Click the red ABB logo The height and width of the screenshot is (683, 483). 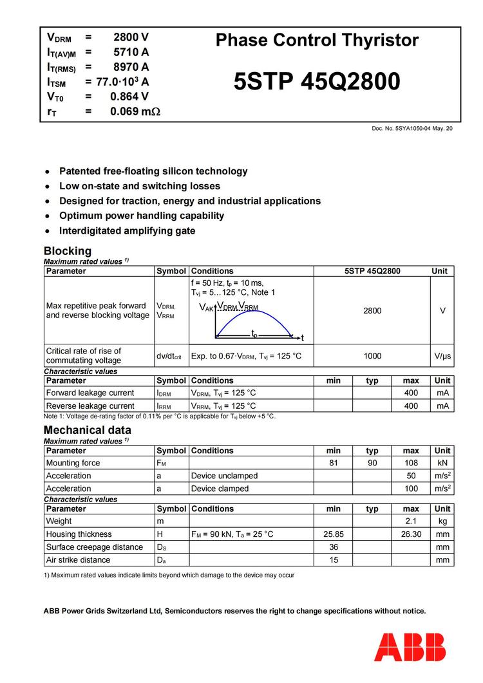click(410, 646)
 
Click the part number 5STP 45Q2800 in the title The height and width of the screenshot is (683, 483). click(317, 82)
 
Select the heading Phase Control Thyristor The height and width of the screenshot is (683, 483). click(317, 41)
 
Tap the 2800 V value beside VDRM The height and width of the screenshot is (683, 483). click(131, 37)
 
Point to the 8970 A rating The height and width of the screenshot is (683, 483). click(131, 67)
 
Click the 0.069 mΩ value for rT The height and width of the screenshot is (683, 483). click(135, 111)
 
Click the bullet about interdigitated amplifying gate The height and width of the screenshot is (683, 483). click(127, 230)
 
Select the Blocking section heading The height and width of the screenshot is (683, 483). click(68, 250)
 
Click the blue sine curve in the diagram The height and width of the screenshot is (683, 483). click(254, 313)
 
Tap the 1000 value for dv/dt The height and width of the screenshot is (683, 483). click(372, 356)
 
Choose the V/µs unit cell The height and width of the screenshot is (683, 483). click(442, 356)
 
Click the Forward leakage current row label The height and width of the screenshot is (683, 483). click(90, 393)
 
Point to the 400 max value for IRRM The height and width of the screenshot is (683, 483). click(411, 406)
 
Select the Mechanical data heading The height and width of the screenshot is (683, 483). click(88, 429)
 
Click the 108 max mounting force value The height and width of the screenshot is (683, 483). click(411, 463)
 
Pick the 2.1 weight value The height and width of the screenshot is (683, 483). click(411, 521)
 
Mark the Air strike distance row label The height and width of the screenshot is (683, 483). click(78, 560)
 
